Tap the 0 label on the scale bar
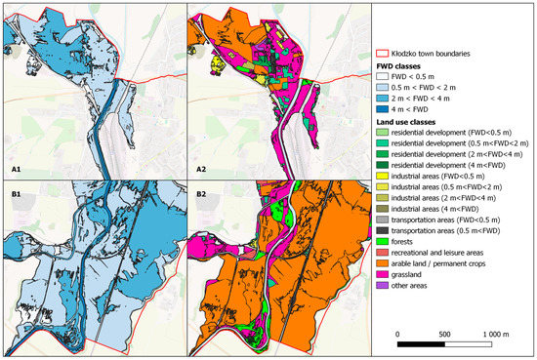tap(399, 333)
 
